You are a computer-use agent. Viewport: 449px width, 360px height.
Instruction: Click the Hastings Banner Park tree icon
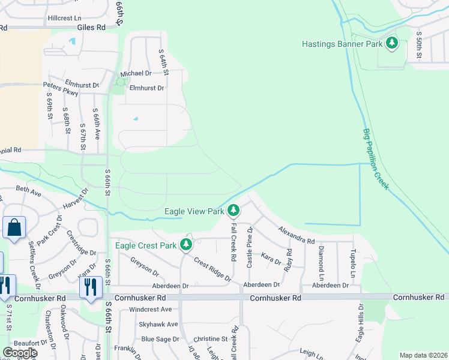(x=392, y=44)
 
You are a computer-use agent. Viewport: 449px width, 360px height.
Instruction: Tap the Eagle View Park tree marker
(x=234, y=211)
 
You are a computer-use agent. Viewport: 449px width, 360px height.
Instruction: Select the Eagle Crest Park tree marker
(x=186, y=245)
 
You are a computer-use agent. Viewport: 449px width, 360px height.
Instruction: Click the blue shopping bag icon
(x=14, y=228)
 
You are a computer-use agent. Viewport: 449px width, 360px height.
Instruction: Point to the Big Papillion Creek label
(x=376, y=159)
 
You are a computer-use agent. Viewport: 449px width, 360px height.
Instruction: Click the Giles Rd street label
(x=91, y=27)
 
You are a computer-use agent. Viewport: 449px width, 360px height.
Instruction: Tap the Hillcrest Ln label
(x=64, y=19)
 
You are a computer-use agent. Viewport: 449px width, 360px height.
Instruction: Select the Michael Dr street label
(x=136, y=73)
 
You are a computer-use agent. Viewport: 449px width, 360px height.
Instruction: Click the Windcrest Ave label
(x=150, y=310)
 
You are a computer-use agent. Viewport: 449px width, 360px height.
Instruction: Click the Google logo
(x=20, y=353)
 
